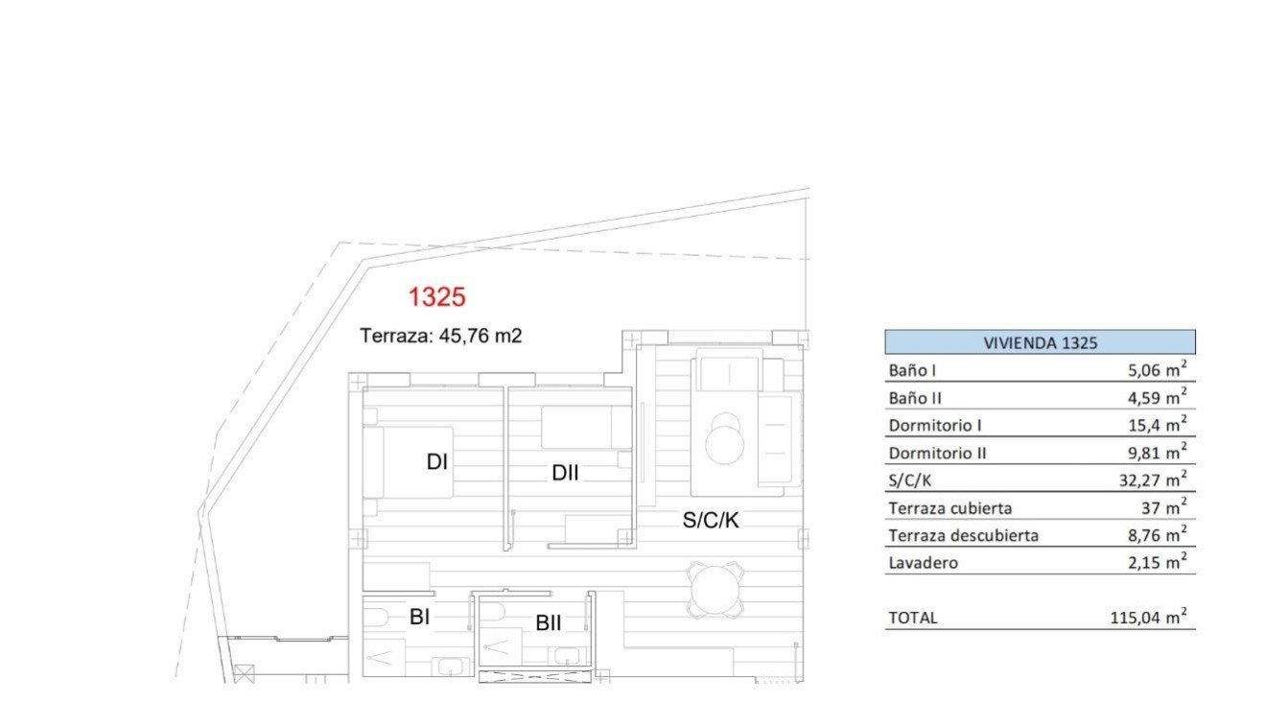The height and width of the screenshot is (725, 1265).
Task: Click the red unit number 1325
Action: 436,297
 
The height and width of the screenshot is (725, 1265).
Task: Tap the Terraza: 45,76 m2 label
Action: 440,336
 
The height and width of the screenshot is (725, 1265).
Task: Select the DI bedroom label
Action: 437,462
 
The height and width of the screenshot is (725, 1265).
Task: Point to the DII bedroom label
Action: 565,472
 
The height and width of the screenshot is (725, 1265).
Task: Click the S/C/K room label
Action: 711,520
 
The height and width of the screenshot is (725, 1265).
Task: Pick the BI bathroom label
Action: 419,617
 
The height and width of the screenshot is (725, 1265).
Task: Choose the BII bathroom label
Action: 548,623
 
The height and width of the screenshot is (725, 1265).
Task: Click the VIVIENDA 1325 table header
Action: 1040,342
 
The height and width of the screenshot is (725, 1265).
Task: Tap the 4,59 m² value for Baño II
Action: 1159,397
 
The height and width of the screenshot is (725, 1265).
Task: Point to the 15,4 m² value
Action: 1160,424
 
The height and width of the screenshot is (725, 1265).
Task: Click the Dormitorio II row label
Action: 937,453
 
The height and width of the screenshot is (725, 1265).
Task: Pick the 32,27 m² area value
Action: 1153,479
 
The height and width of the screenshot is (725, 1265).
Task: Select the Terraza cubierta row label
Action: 949,508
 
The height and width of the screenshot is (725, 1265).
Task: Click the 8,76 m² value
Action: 1159,535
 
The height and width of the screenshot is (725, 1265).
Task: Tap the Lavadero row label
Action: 923,563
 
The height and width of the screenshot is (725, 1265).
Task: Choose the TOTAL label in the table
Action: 913,619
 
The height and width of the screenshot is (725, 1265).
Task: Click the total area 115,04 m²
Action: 1148,619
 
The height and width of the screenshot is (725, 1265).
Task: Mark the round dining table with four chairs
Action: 714,590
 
